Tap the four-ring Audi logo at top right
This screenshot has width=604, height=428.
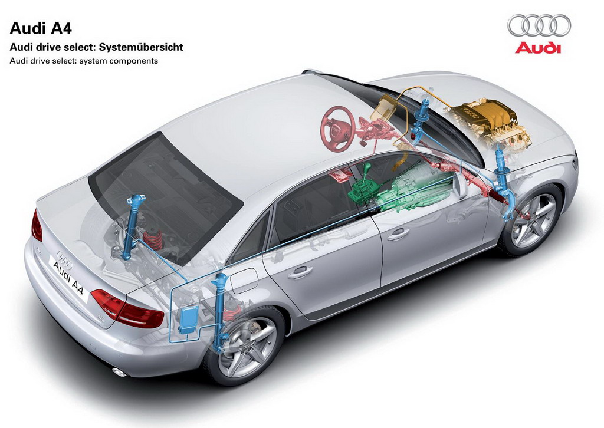tap(539, 25)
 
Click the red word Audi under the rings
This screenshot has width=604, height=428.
tap(538, 47)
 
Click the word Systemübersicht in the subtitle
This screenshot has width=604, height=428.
tap(142, 47)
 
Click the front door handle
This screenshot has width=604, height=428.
tap(398, 233)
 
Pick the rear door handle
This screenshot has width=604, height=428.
tap(300, 272)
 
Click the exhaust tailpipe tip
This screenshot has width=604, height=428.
tap(119, 372)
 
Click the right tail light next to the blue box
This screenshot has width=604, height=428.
tap(127, 309)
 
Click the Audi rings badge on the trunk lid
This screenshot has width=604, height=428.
tap(65, 259)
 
